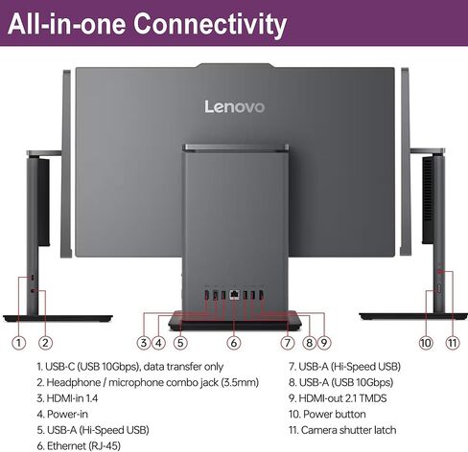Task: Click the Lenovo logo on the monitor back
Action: [x=234, y=106]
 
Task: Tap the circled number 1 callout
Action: [x=18, y=343]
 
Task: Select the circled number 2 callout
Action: [x=45, y=343]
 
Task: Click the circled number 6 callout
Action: [x=234, y=343]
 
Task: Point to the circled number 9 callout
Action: [x=324, y=343]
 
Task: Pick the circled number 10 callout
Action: [x=426, y=343]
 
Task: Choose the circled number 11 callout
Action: [x=453, y=343]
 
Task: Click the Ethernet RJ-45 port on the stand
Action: [x=234, y=295]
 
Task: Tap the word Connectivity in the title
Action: [x=210, y=24]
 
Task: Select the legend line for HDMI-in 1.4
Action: [x=67, y=398]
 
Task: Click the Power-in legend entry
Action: [x=62, y=414]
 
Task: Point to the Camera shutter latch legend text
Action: [x=342, y=430]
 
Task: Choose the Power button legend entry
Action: [x=327, y=414]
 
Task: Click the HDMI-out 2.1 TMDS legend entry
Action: [x=338, y=398]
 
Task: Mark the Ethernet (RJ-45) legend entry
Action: [x=79, y=445]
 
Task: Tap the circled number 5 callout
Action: [x=180, y=343]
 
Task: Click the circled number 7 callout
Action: [x=287, y=343]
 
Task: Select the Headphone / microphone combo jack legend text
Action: [x=148, y=382]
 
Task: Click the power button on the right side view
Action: [x=439, y=288]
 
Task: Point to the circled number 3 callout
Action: [x=144, y=343]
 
